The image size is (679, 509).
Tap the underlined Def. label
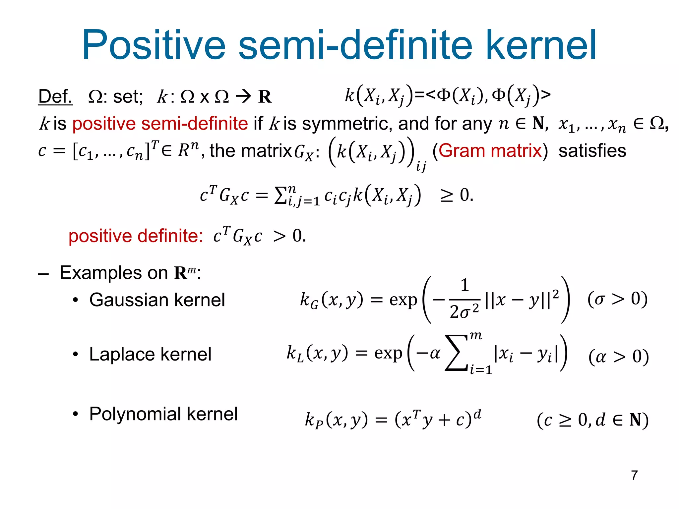point(55,96)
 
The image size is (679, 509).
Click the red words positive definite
point(136,236)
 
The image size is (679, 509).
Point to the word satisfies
point(592,151)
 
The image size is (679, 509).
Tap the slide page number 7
point(634,475)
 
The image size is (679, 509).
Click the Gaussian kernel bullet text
point(157,300)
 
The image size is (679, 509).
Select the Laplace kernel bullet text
point(150,354)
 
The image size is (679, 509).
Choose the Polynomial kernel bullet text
point(163,414)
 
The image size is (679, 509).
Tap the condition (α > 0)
point(618,357)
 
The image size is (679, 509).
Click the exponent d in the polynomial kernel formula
point(477,414)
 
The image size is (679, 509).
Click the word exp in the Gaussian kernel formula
point(403,300)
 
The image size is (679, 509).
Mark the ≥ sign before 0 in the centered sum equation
point(446,196)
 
